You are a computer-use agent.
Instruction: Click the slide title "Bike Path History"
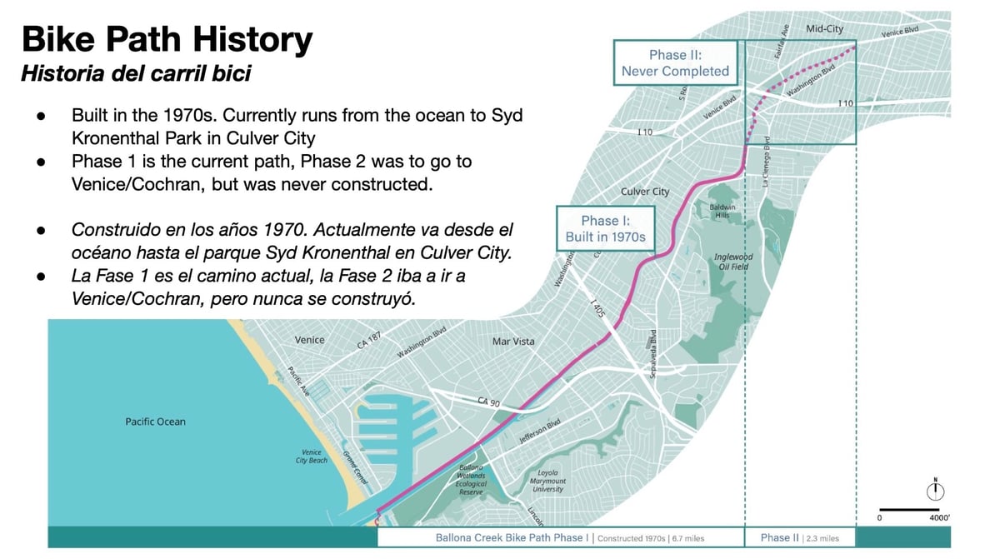coord(167,39)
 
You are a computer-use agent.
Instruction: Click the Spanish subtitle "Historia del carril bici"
coord(136,73)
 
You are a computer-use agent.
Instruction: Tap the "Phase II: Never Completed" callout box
coord(675,63)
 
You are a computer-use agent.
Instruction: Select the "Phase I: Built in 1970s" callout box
coord(605,228)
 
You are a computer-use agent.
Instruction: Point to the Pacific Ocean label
coord(155,422)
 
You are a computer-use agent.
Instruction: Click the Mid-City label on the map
coord(824,29)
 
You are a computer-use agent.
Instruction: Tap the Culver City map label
coord(645,192)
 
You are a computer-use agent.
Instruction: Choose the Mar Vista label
coord(513,342)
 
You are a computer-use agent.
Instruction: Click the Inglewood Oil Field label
coord(733,262)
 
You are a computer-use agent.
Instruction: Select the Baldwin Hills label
coord(722,211)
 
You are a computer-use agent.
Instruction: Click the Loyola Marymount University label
coord(547,481)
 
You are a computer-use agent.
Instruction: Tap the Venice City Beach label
coord(312,457)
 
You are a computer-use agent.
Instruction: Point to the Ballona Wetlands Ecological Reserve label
coord(471,479)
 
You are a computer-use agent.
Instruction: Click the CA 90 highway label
coord(488,402)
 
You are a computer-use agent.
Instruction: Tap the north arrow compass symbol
coord(936,489)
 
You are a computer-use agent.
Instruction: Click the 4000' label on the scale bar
coord(939,518)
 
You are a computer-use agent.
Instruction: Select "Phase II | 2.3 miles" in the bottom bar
coord(800,537)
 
